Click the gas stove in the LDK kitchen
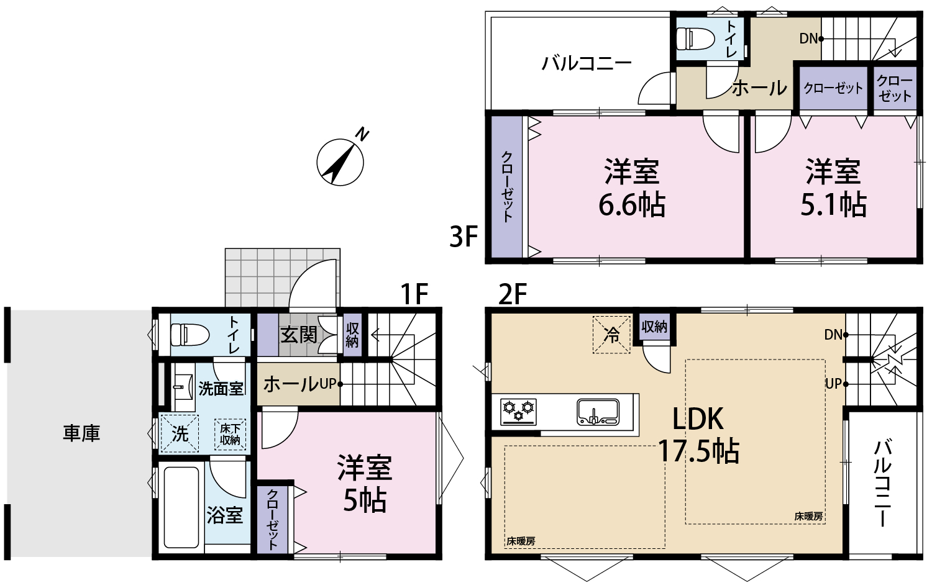pyautogui.click(x=518, y=412)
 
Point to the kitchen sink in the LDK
pyautogui.click(x=598, y=412)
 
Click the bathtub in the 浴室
pyautogui.click(x=181, y=507)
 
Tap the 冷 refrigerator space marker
pyautogui.click(x=611, y=335)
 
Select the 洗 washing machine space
pyautogui.click(x=180, y=433)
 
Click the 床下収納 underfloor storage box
pyautogui.click(x=230, y=434)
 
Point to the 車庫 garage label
pyautogui.click(x=81, y=433)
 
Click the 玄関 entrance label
pyautogui.click(x=299, y=335)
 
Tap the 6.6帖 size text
pyautogui.click(x=632, y=205)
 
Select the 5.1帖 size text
pyautogui.click(x=833, y=205)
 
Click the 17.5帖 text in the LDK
pyautogui.click(x=698, y=451)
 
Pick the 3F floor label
pyautogui.click(x=464, y=237)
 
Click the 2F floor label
pyautogui.click(x=513, y=294)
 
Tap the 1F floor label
pyautogui.click(x=414, y=294)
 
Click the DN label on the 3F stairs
pyautogui.click(x=809, y=38)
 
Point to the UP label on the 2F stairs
pyautogui.click(x=833, y=384)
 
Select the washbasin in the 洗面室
pyautogui.click(x=182, y=387)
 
